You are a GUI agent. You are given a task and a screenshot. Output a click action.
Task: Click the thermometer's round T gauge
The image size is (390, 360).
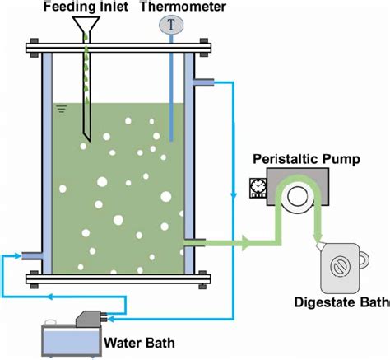pyautogui.click(x=170, y=26)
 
